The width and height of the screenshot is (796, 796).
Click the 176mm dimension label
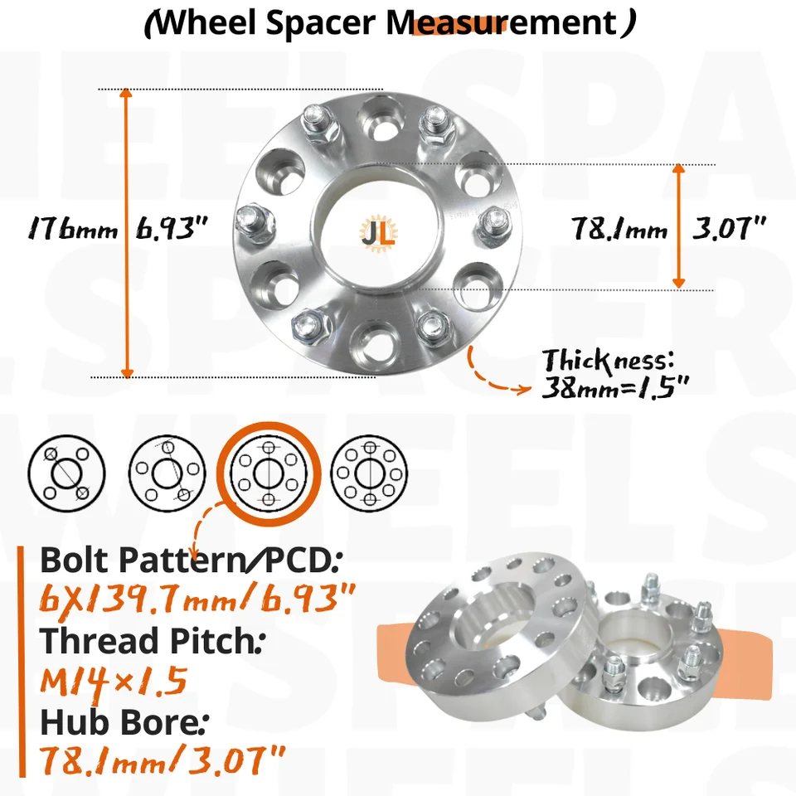(72, 227)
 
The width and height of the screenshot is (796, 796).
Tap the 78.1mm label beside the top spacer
(619, 227)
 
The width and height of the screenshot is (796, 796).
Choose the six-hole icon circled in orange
(268, 473)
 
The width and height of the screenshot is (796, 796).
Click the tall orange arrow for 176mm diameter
(127, 232)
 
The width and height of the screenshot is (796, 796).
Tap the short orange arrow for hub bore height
(678, 226)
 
